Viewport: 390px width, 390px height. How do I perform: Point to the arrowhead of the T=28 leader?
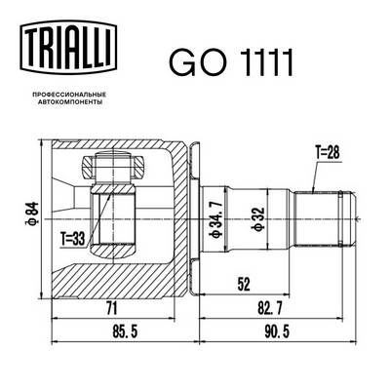pos(311,188)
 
